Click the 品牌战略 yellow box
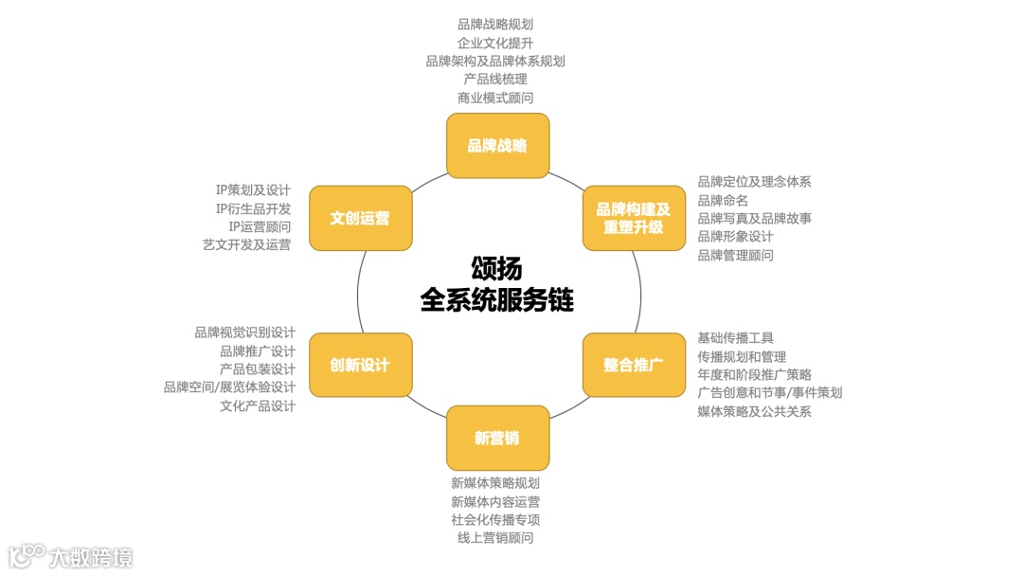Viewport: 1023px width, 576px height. pyautogui.click(x=497, y=146)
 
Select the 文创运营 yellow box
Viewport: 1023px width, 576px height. pyautogui.click(x=360, y=218)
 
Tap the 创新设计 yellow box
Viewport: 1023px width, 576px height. pyautogui.click(x=360, y=365)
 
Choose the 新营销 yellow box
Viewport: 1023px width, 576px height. pyautogui.click(x=497, y=438)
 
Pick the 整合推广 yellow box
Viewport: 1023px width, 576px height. pyautogui.click(x=633, y=365)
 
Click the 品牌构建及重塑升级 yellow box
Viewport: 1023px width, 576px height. pyautogui.click(x=633, y=218)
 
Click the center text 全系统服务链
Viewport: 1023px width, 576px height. pyautogui.click(x=497, y=299)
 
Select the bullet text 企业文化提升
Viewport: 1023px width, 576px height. pyautogui.click(x=494, y=43)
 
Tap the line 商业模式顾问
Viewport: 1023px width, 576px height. pyautogui.click(x=494, y=98)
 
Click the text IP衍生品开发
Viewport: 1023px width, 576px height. pyautogui.click(x=253, y=208)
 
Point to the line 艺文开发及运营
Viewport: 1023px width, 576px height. pyautogui.click(x=246, y=244)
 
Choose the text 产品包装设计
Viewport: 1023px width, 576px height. pyautogui.click(x=257, y=369)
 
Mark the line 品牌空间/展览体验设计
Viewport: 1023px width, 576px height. pyautogui.click(x=229, y=387)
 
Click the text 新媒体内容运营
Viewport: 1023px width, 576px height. pyautogui.click(x=495, y=501)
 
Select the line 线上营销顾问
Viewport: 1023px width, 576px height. pyautogui.click(x=495, y=538)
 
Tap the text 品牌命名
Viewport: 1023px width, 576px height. pyautogui.click(x=723, y=200)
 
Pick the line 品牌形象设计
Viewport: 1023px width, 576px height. pyautogui.click(x=735, y=236)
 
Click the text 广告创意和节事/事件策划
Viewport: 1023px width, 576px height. pyautogui.click(x=769, y=392)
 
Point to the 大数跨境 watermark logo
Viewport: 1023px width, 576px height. pyautogui.click(x=71, y=556)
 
